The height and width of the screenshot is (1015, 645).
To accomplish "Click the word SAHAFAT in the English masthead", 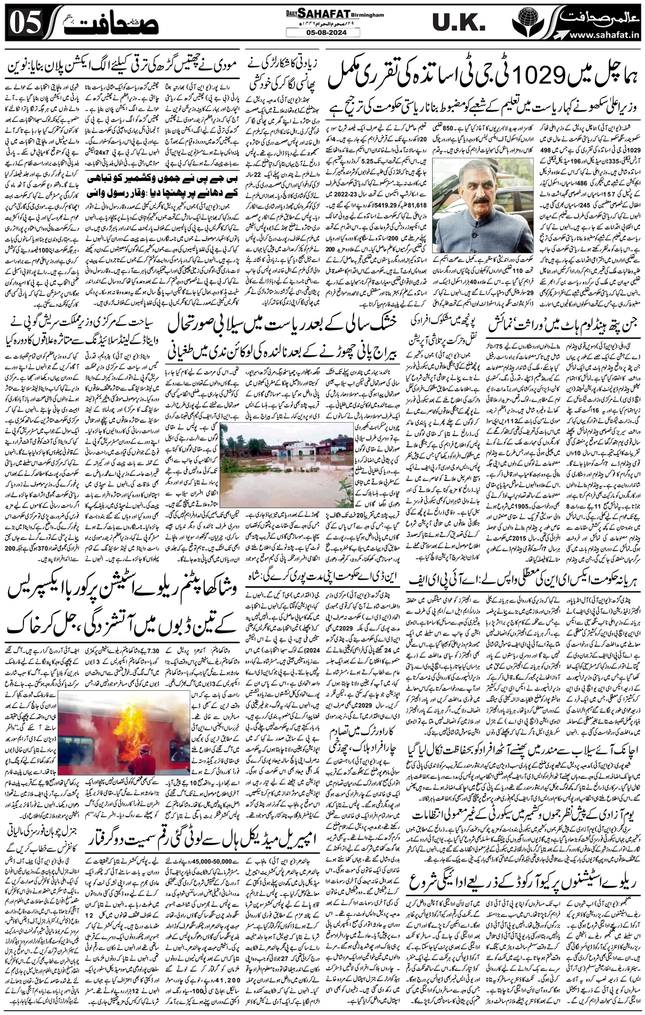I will click(x=323, y=15).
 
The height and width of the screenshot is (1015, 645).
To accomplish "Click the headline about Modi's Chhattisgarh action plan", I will click(x=122, y=67).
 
